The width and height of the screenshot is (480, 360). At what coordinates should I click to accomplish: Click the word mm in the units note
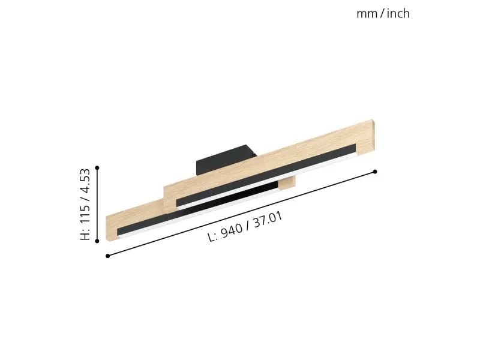click(367, 14)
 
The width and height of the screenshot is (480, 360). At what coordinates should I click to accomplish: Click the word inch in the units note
click(398, 13)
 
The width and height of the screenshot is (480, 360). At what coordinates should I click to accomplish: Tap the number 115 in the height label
click(85, 213)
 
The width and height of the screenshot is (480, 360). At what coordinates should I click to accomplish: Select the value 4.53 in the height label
click(85, 181)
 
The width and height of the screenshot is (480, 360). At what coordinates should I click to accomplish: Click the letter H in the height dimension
click(85, 235)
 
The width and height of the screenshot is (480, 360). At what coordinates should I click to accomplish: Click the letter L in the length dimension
click(211, 237)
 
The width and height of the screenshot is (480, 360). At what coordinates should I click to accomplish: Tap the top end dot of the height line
click(97, 168)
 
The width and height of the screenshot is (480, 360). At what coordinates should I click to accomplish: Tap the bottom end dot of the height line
click(97, 241)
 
